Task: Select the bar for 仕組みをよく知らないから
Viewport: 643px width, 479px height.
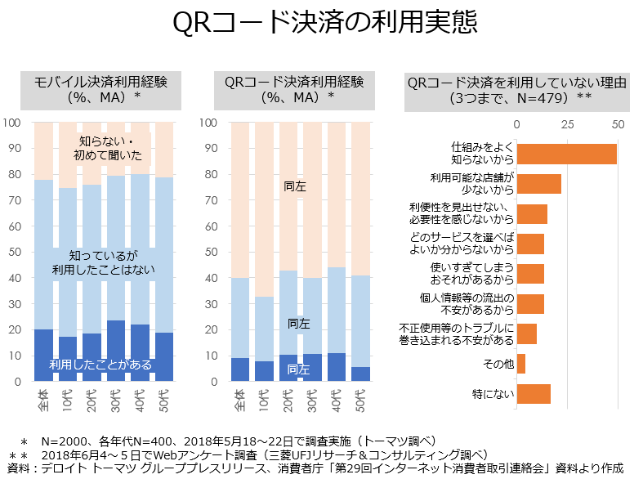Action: tap(567, 154)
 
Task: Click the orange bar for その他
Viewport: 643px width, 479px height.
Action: tap(521, 364)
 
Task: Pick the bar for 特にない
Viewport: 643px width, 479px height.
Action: tap(534, 394)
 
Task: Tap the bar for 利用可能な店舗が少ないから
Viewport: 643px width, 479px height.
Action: tap(539, 184)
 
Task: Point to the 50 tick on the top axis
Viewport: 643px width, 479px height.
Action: tap(618, 123)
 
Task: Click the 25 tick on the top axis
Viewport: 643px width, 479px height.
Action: tap(567, 123)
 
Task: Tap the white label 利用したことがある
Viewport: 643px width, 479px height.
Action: tap(100, 365)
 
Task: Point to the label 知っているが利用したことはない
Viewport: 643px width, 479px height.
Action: tap(103, 261)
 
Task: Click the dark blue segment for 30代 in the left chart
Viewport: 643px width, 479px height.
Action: tap(116, 351)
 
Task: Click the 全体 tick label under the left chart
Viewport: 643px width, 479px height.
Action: tap(43, 400)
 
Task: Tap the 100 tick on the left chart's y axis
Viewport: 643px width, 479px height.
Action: tap(12, 123)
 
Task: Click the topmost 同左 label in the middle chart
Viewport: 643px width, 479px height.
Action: tap(296, 186)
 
